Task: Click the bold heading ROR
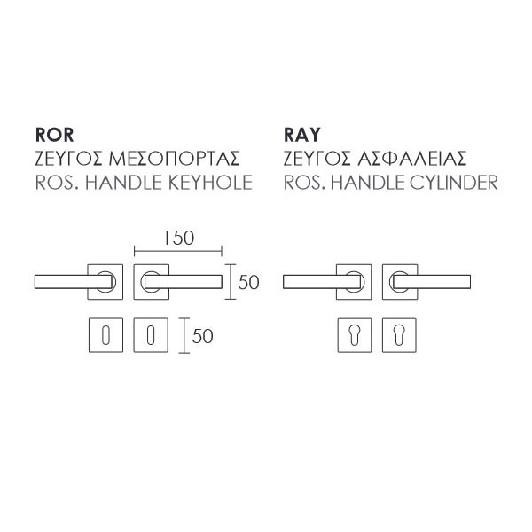(x=52, y=136)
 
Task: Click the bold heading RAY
(x=301, y=136)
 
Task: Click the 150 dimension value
(x=178, y=238)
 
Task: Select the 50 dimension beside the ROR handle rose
(x=248, y=283)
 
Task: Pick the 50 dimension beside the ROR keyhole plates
(x=203, y=336)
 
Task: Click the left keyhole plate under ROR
(x=106, y=336)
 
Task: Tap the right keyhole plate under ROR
(x=150, y=336)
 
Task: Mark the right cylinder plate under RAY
(x=398, y=336)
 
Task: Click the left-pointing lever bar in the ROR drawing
(x=66, y=282)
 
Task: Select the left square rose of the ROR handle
(x=106, y=282)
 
